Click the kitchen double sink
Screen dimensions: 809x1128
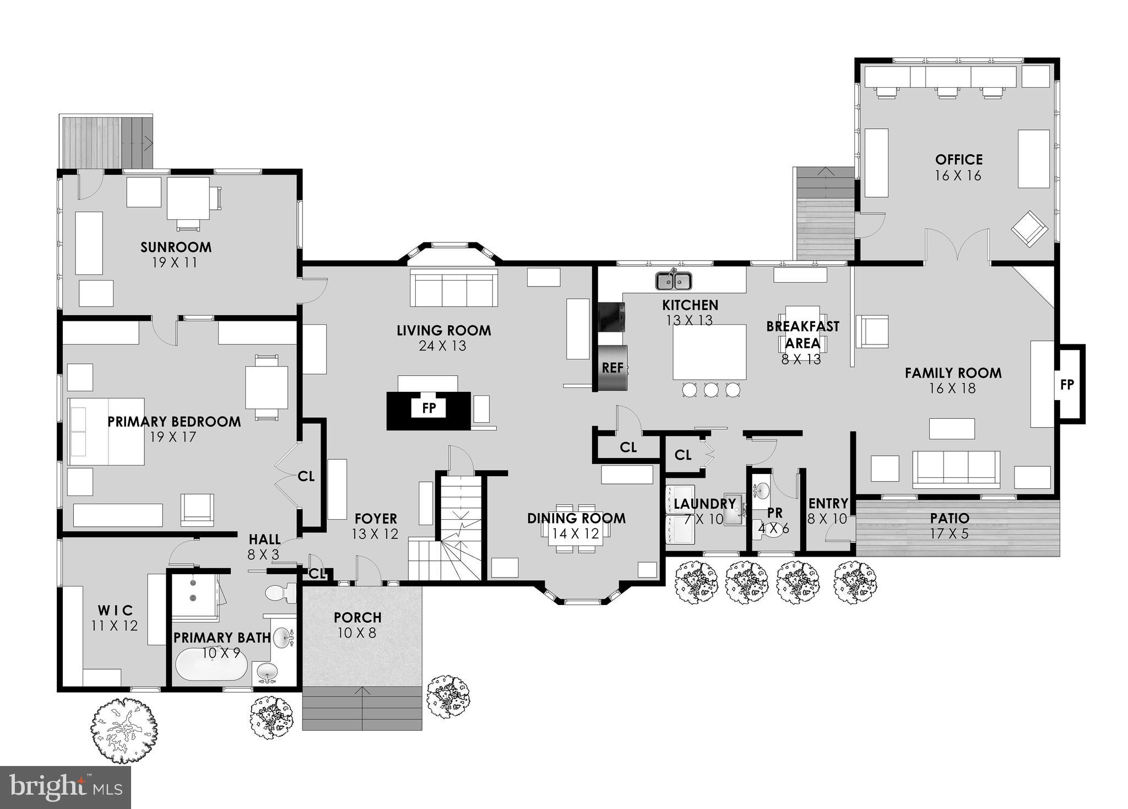point(674,282)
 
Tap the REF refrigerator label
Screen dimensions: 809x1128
point(612,368)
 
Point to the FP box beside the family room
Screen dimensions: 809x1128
point(1067,385)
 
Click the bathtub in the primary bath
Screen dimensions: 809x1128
point(211,665)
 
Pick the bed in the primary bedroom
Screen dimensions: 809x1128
point(106,432)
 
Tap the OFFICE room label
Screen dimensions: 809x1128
point(958,160)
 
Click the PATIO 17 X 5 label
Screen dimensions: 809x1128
point(950,525)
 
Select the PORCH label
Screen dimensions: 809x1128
point(357,618)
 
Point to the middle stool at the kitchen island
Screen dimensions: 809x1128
point(711,390)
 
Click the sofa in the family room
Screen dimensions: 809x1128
point(956,469)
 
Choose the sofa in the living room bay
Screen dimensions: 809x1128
point(454,288)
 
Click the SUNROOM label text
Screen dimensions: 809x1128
point(176,247)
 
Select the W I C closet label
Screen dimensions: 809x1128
point(115,611)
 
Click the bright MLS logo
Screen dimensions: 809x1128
point(65,788)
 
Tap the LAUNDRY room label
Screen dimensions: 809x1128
point(704,504)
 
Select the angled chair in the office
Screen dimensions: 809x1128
point(1029,228)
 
